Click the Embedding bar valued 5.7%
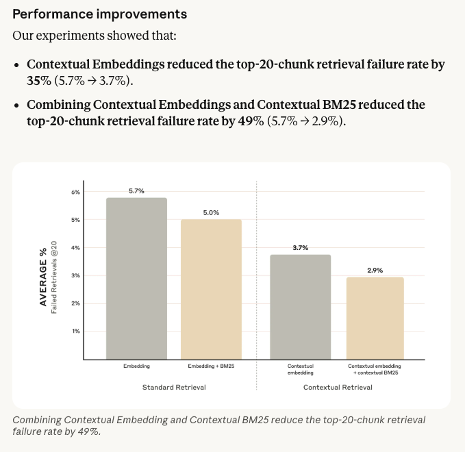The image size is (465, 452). click(x=136, y=278)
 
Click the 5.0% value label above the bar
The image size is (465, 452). click(x=211, y=213)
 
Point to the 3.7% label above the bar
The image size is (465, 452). click(x=301, y=248)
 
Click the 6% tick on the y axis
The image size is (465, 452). click(x=76, y=192)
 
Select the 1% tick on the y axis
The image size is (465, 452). click(x=76, y=331)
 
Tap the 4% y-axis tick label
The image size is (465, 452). click(x=76, y=248)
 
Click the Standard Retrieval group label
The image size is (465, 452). click(x=174, y=388)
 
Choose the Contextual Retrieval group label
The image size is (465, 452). click(x=338, y=388)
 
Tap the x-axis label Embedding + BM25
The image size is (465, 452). click(x=211, y=366)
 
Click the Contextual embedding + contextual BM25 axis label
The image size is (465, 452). click(x=375, y=370)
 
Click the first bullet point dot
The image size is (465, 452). click(x=16, y=65)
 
